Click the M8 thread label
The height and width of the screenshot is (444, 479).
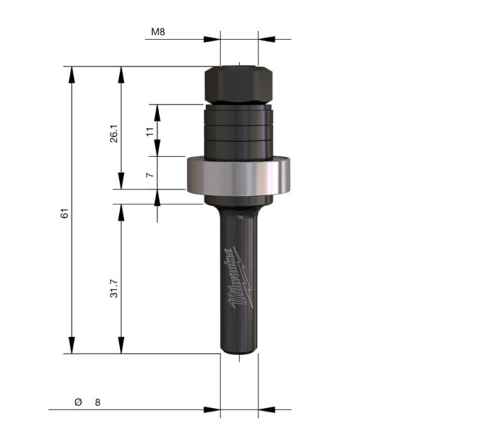[x=158, y=32]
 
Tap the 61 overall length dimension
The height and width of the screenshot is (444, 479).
[x=64, y=214]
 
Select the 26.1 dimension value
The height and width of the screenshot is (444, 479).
[x=114, y=133]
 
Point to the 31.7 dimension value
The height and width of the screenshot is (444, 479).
[x=114, y=288]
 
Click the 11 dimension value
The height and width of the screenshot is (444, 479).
[x=149, y=132]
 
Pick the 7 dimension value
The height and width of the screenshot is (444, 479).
[x=149, y=175]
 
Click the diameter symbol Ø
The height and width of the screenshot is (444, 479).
[x=78, y=402]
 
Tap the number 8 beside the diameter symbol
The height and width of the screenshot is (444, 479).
[x=97, y=402]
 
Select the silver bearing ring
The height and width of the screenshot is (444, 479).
[x=238, y=175]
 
